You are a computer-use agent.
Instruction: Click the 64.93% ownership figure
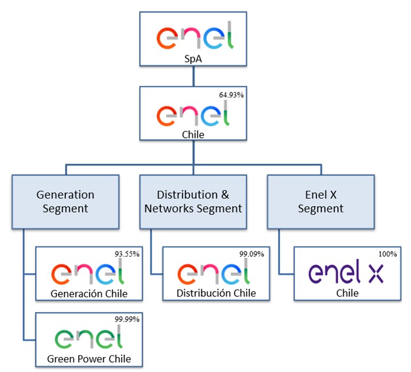click(x=231, y=95)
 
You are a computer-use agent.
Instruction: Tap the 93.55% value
click(x=127, y=254)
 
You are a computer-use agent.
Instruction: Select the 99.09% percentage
click(x=251, y=254)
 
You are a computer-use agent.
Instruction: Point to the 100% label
click(x=387, y=254)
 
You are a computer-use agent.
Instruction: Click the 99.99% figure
click(x=127, y=319)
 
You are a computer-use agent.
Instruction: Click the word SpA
click(x=193, y=59)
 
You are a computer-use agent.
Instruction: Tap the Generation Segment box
click(x=65, y=202)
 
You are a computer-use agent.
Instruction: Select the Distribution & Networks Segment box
click(x=193, y=202)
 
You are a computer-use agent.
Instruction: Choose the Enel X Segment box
click(x=321, y=202)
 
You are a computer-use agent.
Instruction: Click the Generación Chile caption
click(x=89, y=293)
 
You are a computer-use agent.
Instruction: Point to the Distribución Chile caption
click(x=216, y=293)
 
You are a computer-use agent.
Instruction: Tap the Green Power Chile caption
click(x=89, y=359)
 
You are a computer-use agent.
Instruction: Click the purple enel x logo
click(x=346, y=272)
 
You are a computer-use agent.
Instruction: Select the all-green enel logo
click(x=88, y=336)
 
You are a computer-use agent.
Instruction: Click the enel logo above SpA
click(x=195, y=35)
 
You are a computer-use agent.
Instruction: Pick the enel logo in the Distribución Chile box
click(x=214, y=272)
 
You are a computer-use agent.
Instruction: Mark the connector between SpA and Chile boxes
click(x=193, y=76)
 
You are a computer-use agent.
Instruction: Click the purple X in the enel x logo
click(x=376, y=274)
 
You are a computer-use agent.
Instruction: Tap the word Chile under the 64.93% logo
click(x=193, y=135)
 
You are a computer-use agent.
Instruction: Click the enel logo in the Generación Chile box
click(x=88, y=272)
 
